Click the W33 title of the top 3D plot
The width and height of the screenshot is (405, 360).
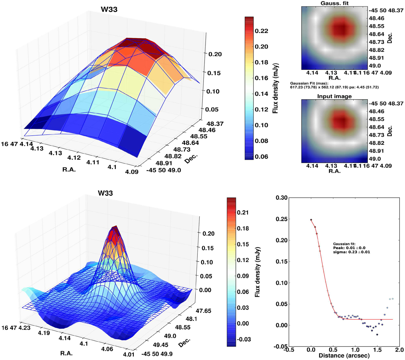[x=109, y=9]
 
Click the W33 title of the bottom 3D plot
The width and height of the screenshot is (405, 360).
[x=105, y=193]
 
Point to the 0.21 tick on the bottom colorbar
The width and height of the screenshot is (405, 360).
[x=243, y=213]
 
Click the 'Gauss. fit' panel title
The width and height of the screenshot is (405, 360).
[x=334, y=3]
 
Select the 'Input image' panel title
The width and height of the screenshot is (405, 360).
[x=334, y=96]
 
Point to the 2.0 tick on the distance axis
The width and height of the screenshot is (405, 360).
[x=400, y=350]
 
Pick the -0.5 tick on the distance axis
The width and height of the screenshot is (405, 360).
[x=289, y=350]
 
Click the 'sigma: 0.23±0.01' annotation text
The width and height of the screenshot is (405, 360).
[x=351, y=252]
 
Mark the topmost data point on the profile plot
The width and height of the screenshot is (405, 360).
[x=311, y=220]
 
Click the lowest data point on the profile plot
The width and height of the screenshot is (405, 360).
[x=377, y=334]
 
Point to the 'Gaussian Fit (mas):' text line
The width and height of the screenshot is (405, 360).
[x=309, y=83]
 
